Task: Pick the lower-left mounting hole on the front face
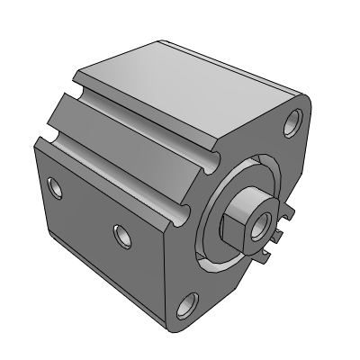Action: [187, 306]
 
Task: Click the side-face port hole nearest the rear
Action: [56, 188]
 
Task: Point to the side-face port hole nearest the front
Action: [121, 235]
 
